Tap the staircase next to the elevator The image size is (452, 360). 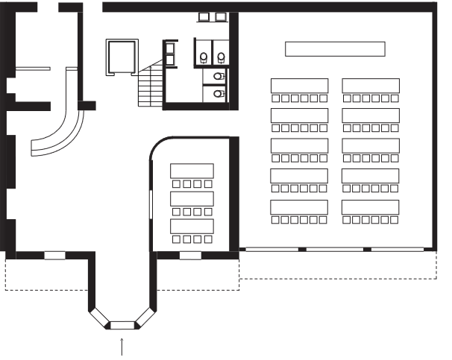click(150, 85)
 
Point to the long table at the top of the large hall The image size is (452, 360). click(335, 49)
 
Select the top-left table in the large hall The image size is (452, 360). click(299, 85)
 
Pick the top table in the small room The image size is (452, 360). click(192, 170)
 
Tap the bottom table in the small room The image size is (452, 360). click(192, 226)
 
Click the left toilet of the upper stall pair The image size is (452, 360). click(204, 57)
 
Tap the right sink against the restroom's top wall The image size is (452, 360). click(220, 16)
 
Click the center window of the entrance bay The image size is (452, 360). click(122, 324)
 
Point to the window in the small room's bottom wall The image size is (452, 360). click(190, 256)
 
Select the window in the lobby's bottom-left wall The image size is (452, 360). click(54, 256)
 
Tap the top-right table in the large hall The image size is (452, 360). click(371, 85)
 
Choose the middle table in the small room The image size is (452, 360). click(192, 198)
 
